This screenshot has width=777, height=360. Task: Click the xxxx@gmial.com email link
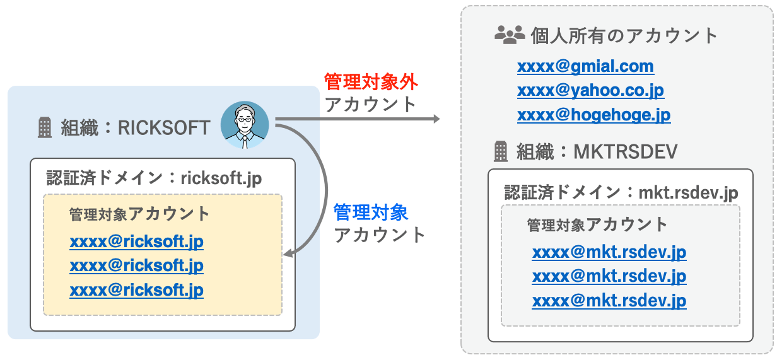click(x=585, y=66)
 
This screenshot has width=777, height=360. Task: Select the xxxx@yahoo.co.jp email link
click(x=590, y=91)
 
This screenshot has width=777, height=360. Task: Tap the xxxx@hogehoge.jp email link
click(x=593, y=115)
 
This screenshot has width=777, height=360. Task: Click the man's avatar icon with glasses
click(x=245, y=125)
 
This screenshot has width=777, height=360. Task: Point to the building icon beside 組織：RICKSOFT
click(x=45, y=127)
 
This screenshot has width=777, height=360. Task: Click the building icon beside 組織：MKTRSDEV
click(x=501, y=151)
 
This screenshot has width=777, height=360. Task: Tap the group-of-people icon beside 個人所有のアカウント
click(x=510, y=35)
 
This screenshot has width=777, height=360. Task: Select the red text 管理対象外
click(x=371, y=82)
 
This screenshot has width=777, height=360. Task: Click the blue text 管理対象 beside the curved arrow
click(x=370, y=212)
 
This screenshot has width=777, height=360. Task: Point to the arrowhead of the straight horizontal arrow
click(x=436, y=119)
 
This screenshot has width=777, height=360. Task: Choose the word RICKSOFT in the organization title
click(x=164, y=127)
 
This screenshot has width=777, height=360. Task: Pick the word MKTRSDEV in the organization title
click(x=626, y=151)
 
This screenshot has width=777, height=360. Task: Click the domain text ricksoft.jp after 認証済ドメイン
click(x=221, y=178)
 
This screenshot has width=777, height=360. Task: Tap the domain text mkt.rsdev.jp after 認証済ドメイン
click(x=688, y=193)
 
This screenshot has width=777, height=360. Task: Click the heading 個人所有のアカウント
click(x=624, y=35)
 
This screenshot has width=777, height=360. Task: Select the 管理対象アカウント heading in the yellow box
click(x=139, y=214)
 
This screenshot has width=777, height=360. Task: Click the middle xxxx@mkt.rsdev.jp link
click(x=609, y=276)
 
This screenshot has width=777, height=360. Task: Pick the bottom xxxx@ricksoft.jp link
click(x=136, y=290)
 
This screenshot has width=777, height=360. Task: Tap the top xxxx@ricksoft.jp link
click(x=136, y=241)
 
